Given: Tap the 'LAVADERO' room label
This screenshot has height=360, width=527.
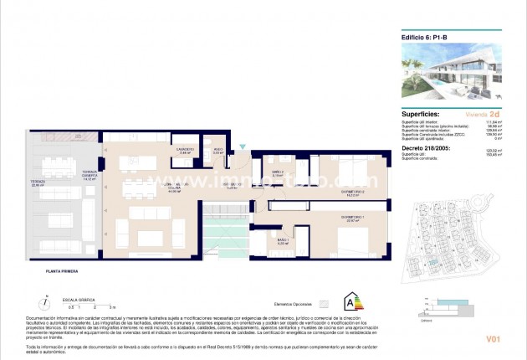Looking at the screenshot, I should (186, 151).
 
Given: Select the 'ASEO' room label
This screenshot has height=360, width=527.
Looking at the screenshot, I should (217, 151).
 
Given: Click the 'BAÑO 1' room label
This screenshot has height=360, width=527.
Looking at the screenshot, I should (283, 241).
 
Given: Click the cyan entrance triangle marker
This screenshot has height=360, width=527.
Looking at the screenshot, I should (242, 147).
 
